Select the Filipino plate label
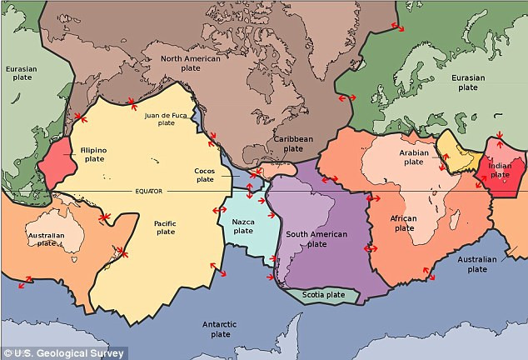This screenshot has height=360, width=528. (x=92, y=153)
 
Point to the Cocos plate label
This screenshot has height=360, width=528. (x=204, y=173)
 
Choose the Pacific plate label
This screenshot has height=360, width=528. (x=165, y=227)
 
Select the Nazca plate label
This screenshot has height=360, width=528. (x=243, y=225)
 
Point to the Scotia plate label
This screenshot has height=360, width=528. (x=323, y=294)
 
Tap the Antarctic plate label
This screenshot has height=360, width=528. (x=219, y=328)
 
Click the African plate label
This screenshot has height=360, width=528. (x=403, y=222)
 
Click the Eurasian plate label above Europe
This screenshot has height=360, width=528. (x=468, y=82)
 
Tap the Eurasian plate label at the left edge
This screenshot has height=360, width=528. (x=21, y=74)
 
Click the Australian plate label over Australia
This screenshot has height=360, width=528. (x=47, y=238)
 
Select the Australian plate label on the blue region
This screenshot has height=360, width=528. (x=477, y=264)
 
